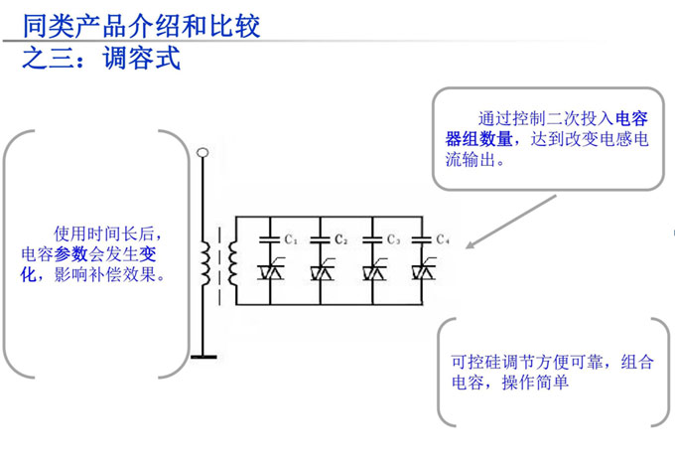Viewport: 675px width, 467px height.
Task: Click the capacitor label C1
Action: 291,239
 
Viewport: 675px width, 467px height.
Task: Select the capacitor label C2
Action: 340,239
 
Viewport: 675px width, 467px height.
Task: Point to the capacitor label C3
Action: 393,239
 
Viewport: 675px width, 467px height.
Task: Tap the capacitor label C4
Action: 444,239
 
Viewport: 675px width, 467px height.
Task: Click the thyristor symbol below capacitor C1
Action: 269,269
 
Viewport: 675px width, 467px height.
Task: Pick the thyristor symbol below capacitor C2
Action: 321,269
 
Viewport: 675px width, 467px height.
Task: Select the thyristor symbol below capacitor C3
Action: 373,269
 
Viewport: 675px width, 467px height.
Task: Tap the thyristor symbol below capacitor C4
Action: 425,269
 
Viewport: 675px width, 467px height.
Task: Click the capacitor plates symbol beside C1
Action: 269,238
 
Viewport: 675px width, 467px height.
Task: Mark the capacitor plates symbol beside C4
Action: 425,238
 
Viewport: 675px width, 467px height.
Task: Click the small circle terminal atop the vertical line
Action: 203,153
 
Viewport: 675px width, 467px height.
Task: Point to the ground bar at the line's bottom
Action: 203,356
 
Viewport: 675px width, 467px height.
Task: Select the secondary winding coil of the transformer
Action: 232,261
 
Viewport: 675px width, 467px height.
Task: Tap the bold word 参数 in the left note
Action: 71,254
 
